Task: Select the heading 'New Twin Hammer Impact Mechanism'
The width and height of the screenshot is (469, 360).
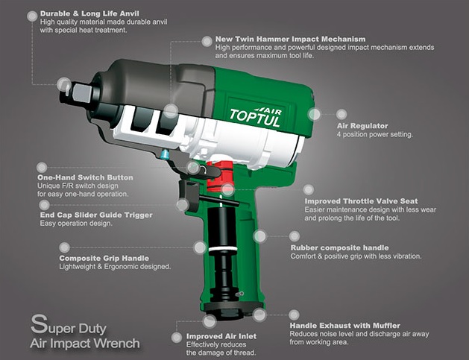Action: (289, 39)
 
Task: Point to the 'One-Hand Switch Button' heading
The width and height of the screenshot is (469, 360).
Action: (85, 177)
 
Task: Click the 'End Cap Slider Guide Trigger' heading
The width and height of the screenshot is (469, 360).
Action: (95, 215)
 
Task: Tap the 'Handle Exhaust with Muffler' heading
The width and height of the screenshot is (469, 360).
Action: (344, 326)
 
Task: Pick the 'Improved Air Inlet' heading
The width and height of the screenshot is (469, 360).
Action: (221, 336)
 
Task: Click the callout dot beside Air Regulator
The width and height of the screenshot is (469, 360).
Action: (315, 114)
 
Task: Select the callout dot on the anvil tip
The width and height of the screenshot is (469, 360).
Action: (64, 84)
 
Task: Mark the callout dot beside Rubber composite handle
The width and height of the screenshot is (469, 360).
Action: (260, 236)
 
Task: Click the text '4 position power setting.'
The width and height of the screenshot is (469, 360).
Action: (374, 135)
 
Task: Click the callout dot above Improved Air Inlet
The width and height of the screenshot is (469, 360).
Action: (211, 320)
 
